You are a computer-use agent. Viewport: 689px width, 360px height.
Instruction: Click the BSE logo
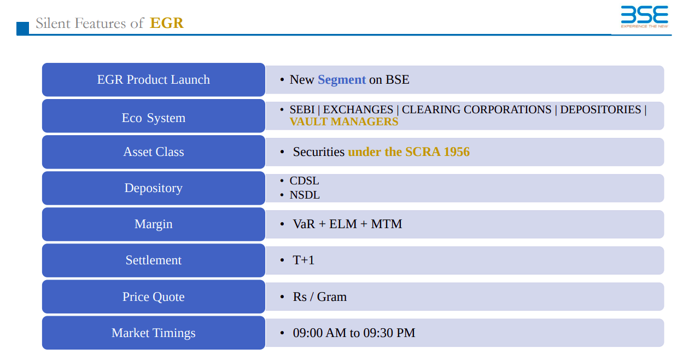[644, 16]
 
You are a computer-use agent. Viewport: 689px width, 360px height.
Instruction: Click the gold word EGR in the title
[166, 23]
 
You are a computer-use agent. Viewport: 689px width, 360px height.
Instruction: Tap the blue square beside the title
[23, 28]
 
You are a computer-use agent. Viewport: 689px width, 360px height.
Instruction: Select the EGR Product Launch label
[154, 80]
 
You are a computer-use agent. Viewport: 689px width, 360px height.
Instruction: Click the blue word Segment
[342, 80]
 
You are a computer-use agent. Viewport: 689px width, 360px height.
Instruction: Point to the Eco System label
[154, 118]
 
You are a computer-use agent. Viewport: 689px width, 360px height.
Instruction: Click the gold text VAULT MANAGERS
[344, 122]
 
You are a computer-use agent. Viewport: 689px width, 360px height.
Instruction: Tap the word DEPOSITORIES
[600, 109]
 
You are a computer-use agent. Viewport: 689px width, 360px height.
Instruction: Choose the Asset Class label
[154, 152]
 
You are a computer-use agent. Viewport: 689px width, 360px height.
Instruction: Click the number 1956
[457, 152]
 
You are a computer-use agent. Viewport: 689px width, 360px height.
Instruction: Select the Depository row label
[154, 188]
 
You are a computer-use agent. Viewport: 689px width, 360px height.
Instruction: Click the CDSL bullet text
[304, 181]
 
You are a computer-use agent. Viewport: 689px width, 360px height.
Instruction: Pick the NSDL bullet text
[305, 195]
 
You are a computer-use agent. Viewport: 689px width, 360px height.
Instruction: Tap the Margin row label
[154, 224]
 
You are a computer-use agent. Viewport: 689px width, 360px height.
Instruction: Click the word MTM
[386, 224]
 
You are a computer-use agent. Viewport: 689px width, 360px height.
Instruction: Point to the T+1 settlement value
[303, 260]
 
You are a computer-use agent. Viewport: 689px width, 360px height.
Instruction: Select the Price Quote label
[154, 297]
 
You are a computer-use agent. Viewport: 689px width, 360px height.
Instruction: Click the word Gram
[331, 297]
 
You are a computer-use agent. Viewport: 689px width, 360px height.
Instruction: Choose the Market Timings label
[154, 333]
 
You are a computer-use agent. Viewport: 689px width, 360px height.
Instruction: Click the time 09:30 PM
[389, 333]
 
